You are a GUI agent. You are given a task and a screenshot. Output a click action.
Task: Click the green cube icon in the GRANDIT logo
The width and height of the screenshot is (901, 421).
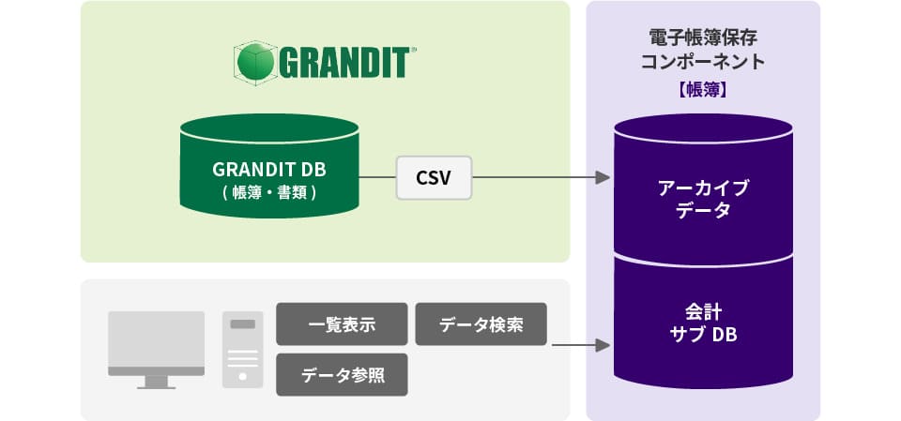point(253,62)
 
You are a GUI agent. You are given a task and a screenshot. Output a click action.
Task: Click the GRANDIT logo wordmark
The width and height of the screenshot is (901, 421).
point(340,62)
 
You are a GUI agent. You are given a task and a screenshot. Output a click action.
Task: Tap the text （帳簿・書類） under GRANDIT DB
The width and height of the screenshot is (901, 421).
point(268,192)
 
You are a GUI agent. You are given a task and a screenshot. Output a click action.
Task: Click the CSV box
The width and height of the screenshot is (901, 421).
point(434,176)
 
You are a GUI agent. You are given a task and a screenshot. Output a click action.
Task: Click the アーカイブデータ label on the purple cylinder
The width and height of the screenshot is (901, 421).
point(703,199)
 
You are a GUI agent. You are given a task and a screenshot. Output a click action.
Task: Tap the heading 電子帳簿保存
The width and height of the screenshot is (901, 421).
point(703,38)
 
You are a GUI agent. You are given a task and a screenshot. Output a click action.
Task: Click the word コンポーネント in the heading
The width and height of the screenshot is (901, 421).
point(703,64)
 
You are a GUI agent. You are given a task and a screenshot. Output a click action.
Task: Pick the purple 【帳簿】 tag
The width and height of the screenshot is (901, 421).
point(703,91)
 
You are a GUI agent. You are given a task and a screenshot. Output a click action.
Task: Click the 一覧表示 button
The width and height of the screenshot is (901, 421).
point(342,324)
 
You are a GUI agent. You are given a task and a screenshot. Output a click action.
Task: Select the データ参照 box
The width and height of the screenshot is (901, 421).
point(342,375)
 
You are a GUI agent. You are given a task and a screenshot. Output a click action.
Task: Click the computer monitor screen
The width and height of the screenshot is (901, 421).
point(156,339)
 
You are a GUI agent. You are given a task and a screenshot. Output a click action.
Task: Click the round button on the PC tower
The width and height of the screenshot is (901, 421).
point(242,376)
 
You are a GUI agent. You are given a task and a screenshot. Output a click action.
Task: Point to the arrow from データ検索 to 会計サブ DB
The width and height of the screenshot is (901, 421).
point(576,345)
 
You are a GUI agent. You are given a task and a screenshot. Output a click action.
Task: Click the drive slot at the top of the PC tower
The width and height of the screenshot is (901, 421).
point(242,324)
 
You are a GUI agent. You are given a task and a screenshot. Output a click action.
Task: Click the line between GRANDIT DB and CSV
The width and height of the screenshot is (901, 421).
point(376,176)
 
